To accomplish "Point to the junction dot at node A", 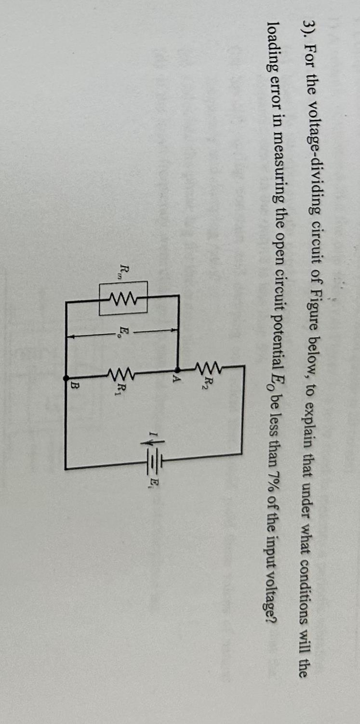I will click(177, 369).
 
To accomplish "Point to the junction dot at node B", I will click(67, 380).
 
